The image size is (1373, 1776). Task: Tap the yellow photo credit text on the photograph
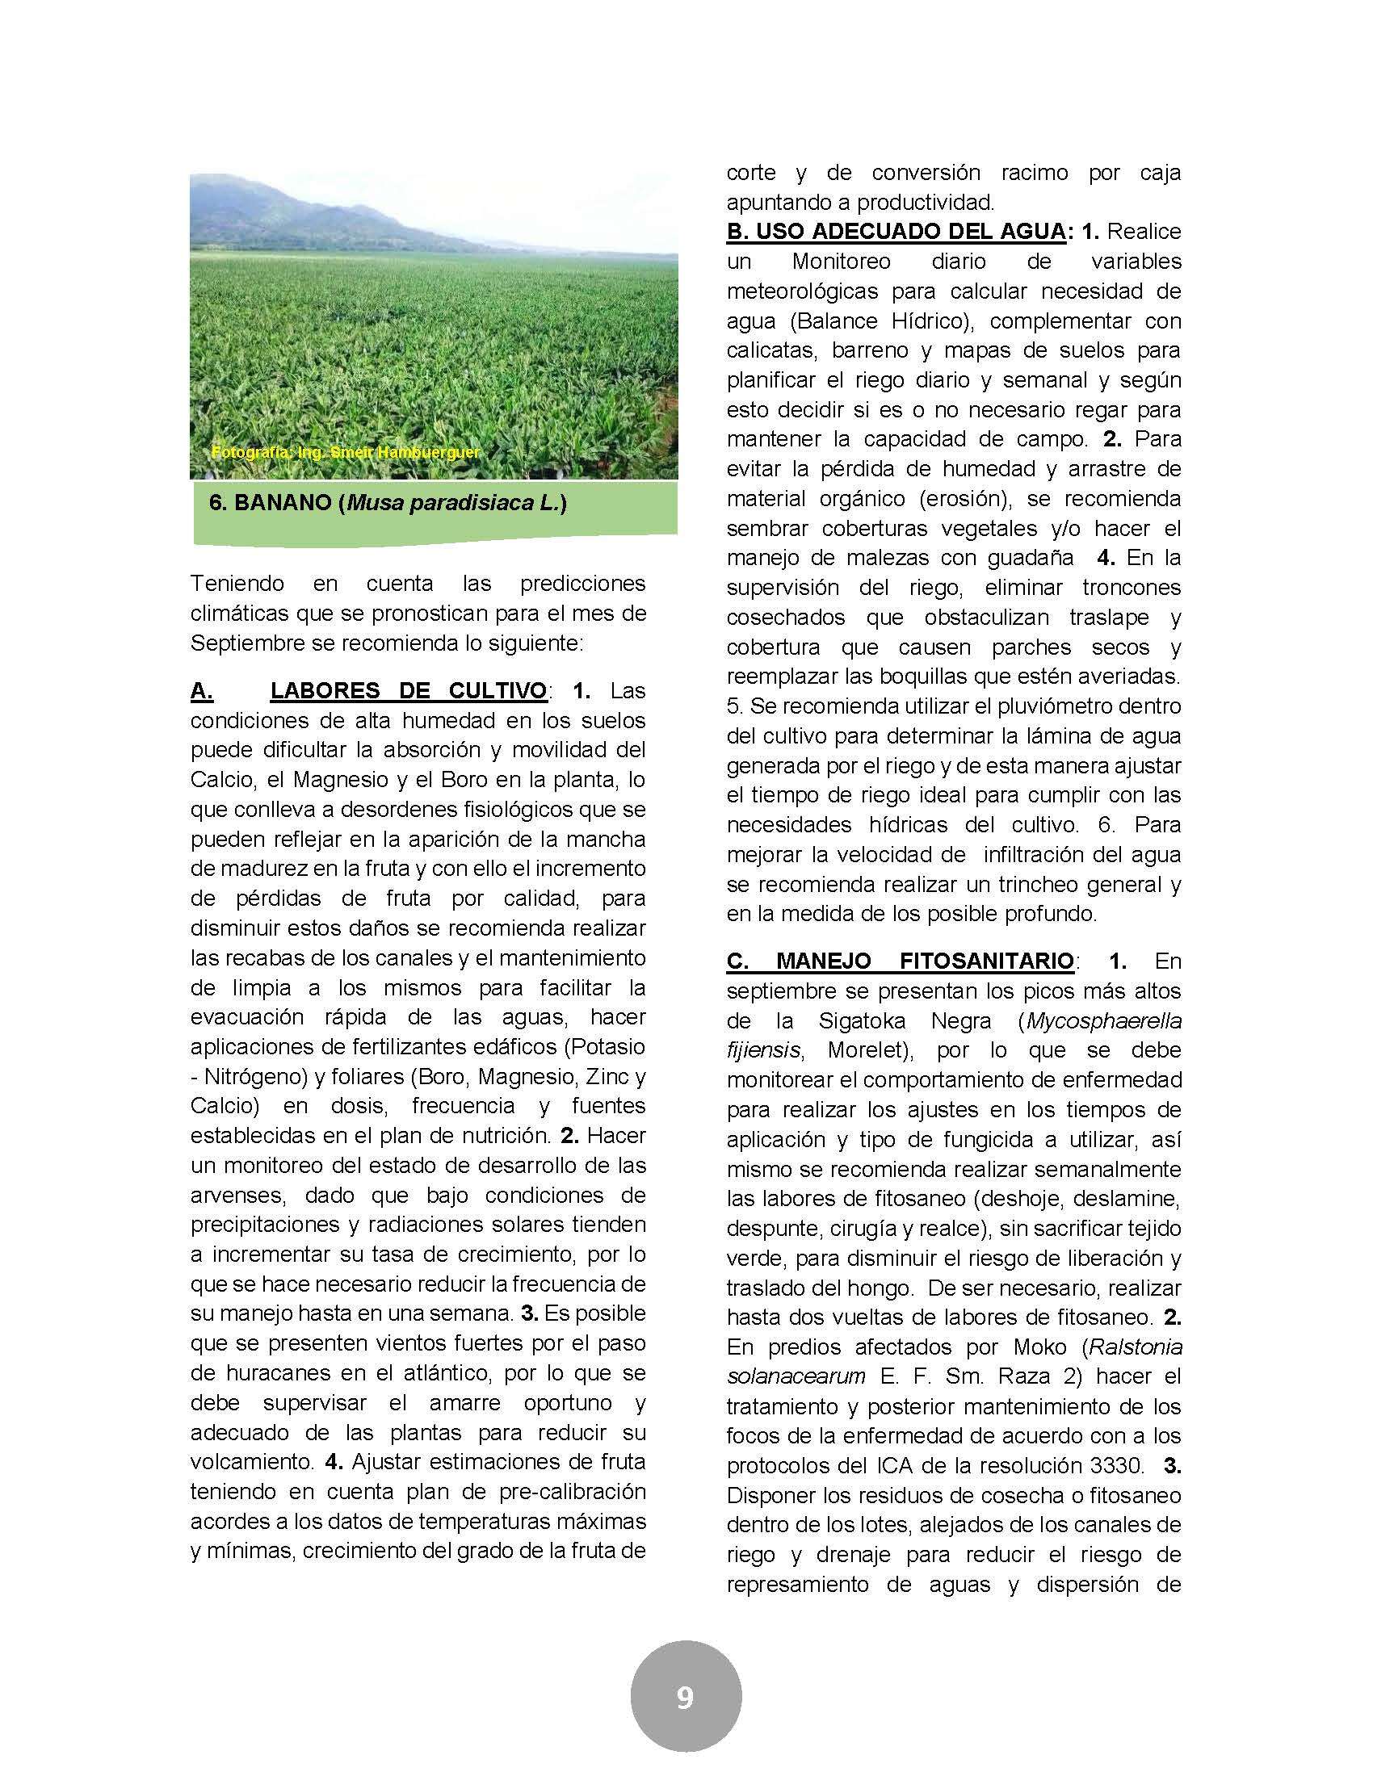345,452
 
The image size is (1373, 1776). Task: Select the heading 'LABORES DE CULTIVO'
409,691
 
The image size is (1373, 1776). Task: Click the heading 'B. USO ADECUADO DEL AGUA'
896,232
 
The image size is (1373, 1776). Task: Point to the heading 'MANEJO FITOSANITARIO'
925,961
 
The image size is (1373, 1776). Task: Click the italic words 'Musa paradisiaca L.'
453,504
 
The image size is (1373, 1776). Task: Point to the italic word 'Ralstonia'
1136,1347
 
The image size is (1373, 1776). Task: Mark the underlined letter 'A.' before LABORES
202,691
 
